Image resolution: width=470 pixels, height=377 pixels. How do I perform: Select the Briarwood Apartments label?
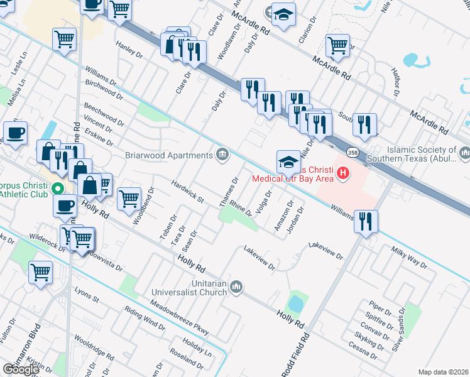coord(170,155)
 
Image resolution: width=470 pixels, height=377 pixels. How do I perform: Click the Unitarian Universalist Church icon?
coord(236,287)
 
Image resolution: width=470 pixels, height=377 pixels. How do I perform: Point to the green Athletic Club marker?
coord(58,188)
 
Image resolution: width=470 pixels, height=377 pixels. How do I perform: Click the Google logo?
coord(21,369)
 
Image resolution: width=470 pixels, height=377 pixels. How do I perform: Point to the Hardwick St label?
coord(188,191)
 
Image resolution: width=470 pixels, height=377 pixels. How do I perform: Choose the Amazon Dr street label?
coord(283,216)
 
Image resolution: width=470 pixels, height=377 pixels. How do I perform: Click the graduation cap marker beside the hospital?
coord(288,161)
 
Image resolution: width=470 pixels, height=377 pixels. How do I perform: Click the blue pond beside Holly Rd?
coord(296,305)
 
